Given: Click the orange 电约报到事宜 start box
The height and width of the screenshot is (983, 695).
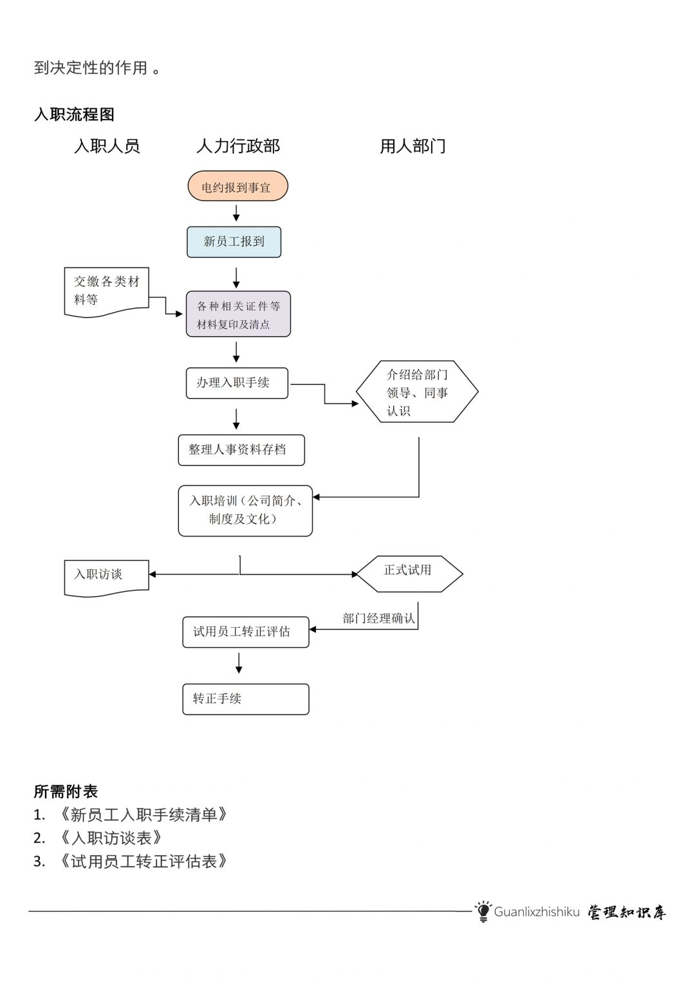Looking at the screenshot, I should (237, 187).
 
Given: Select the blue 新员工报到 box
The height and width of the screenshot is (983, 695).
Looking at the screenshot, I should (234, 242).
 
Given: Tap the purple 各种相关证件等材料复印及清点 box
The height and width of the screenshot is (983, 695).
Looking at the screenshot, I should (238, 315).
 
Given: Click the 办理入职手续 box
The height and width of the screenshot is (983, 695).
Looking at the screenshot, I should (237, 383).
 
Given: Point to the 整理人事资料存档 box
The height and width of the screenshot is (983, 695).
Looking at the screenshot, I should (241, 450).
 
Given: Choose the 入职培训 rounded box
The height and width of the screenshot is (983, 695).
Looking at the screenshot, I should (245, 511).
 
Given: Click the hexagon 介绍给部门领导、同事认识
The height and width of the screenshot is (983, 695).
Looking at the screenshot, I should (417, 392).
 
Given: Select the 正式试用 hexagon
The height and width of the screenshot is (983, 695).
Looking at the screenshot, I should (409, 573).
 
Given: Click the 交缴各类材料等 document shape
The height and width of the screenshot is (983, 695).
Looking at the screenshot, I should (106, 291).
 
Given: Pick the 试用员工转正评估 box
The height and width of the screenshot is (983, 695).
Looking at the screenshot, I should (246, 632).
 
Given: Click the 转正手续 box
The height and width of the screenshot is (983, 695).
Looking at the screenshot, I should (246, 699).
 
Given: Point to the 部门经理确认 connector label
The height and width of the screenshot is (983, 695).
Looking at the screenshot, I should (378, 618).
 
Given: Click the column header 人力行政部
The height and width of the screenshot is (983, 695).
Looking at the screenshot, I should (238, 147).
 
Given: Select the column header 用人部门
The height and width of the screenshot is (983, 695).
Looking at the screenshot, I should (412, 147).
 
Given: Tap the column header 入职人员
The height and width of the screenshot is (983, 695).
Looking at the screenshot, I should (107, 147).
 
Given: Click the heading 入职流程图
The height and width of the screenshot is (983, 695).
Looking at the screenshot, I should (74, 115).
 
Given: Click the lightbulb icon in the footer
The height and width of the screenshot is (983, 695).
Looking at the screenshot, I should (483, 911).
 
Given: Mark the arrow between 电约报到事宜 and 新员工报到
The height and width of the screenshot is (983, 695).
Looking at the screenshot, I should (236, 213).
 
